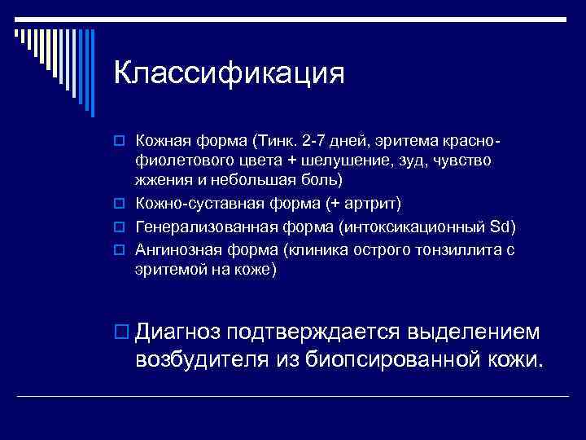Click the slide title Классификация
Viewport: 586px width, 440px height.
(230, 73)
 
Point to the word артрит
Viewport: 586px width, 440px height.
(365, 202)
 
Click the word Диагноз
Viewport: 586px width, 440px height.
(179, 331)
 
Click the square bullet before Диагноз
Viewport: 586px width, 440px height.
(122, 332)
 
